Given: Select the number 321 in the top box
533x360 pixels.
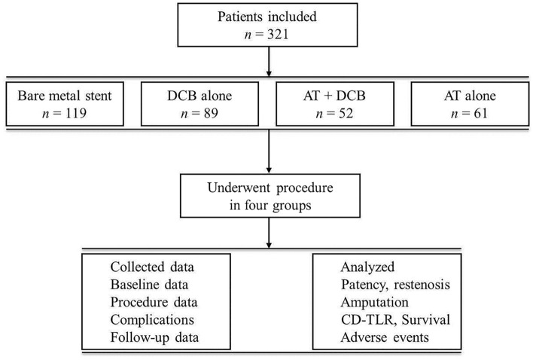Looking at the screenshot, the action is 278,35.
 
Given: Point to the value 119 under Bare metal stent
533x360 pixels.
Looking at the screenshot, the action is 76,113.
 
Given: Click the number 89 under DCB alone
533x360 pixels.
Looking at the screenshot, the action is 211,113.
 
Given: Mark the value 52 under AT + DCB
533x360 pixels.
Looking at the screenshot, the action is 346,113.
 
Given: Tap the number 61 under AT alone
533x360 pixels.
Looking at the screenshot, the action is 480,113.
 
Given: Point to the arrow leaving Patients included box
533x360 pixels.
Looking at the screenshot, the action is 269,62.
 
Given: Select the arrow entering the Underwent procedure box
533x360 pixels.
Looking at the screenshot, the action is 269,151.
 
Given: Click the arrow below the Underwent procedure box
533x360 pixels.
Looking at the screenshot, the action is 269,233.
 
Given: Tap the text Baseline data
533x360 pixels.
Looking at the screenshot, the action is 149,285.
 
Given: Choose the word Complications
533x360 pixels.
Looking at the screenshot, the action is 152,320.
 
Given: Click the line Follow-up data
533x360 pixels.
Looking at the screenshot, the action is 154,337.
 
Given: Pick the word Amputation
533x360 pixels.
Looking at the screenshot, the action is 375,303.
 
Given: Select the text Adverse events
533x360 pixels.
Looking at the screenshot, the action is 385,337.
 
